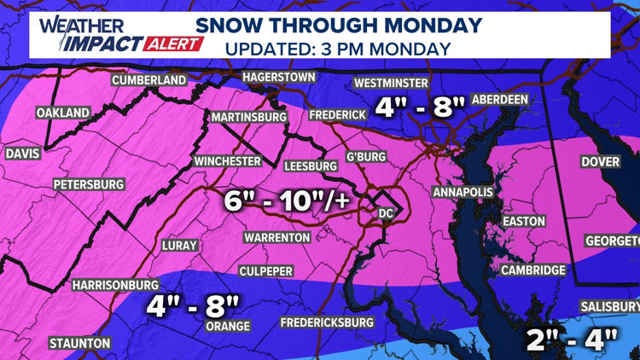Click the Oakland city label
click(62, 113)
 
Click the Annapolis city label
click(463, 193)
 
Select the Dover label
click(601, 161)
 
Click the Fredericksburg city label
click(329, 322)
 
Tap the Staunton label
click(80, 343)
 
